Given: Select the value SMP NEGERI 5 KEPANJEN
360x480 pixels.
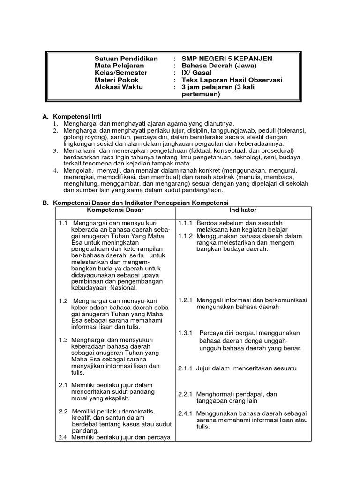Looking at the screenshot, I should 227,59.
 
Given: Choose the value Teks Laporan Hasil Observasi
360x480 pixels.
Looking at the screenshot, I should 232,80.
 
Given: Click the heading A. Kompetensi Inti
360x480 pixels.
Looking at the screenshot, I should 75,116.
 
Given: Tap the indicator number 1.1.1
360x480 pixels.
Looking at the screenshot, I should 186,223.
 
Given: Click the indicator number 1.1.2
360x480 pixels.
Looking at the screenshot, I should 186,236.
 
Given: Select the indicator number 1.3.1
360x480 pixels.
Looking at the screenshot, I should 186,333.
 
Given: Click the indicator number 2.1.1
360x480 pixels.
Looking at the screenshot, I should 186,368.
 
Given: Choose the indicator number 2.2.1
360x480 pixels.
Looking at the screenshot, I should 186,394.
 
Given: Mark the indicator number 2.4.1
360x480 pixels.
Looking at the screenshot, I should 186,414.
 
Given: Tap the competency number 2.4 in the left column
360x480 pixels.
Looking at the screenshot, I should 63,438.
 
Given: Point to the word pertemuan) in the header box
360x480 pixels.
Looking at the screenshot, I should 201,94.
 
